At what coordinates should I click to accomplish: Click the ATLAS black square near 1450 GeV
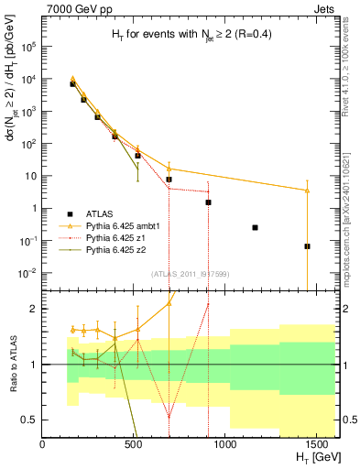tap(307, 246)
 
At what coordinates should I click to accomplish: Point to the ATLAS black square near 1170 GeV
tap(255, 227)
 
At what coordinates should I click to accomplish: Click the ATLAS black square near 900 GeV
tap(208, 202)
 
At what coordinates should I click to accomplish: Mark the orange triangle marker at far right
tap(307, 191)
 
